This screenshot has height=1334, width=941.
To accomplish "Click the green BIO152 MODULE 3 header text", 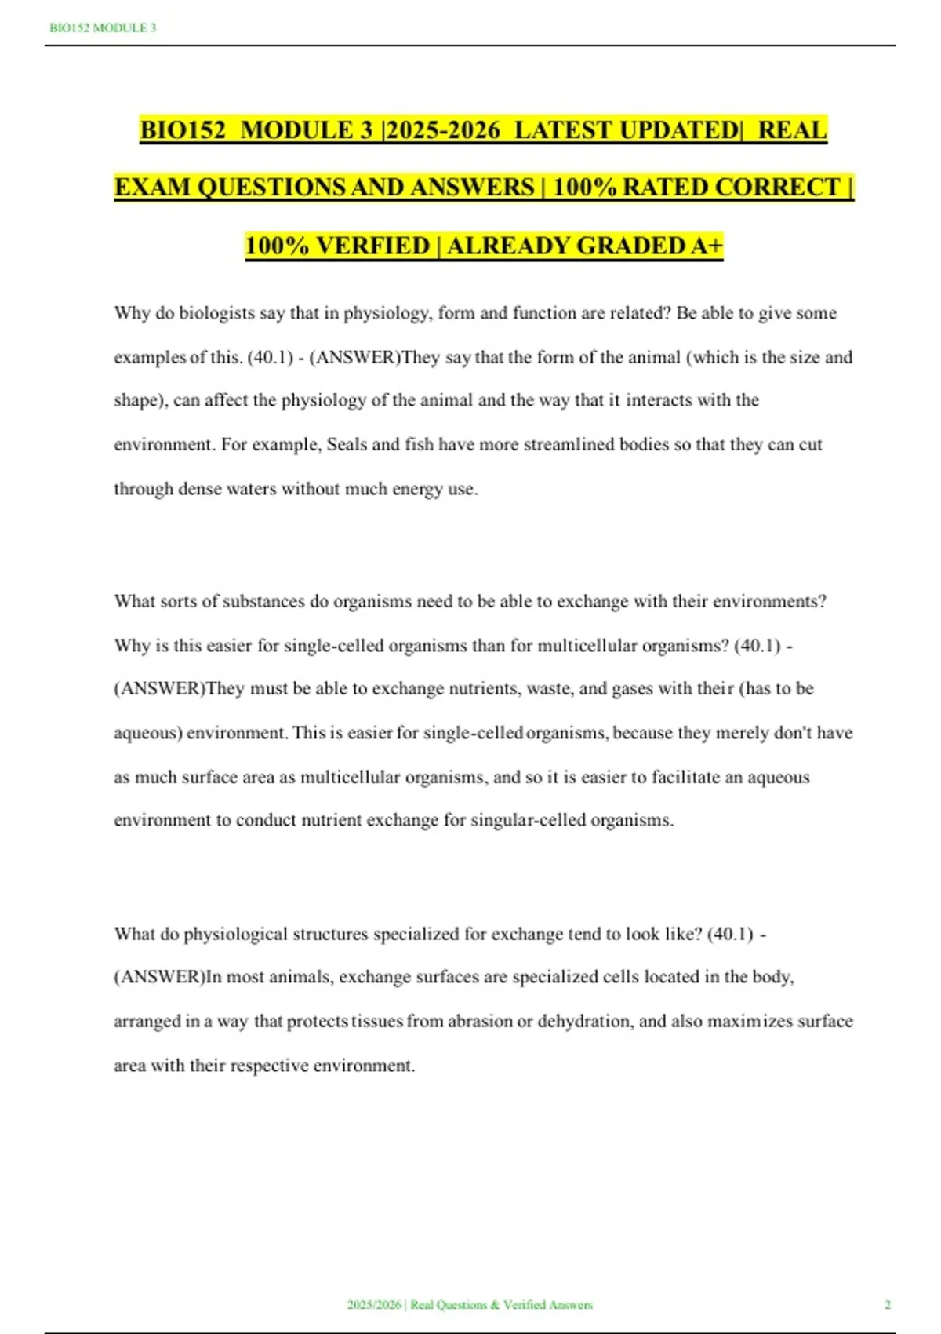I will click(103, 28).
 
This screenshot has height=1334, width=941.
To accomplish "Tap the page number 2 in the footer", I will click(888, 1305).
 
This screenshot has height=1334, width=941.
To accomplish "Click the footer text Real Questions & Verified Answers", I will click(501, 1305).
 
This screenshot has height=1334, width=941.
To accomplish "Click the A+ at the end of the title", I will click(707, 246).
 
